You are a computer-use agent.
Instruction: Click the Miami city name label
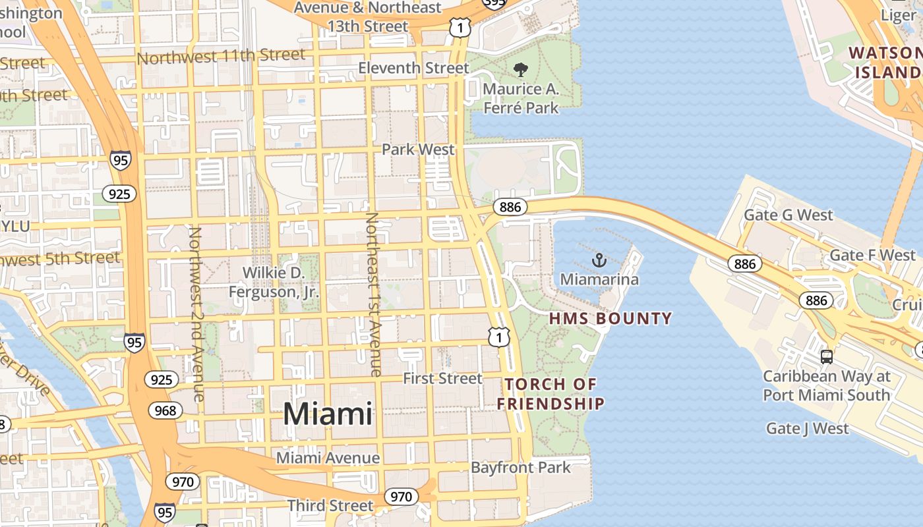(328, 414)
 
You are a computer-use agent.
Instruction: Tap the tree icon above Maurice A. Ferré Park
(521, 69)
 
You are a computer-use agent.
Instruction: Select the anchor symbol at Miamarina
(599, 260)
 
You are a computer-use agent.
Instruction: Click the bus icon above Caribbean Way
(826, 357)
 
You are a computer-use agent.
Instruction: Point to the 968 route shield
(165, 411)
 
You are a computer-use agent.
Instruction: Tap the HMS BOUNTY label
(610, 319)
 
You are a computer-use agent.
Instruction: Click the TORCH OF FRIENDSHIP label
(551, 393)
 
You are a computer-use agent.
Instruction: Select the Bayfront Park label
(521, 468)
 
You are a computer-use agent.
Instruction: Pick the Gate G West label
(789, 215)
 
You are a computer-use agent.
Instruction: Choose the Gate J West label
(808, 429)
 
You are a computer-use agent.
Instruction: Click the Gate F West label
(873, 255)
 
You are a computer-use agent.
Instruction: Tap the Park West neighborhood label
(418, 150)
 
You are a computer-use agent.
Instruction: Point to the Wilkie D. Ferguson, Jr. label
(274, 282)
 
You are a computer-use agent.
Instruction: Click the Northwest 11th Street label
(221, 57)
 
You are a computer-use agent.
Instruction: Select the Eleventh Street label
(414, 68)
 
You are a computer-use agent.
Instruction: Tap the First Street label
(443, 378)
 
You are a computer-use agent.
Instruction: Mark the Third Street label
(330, 505)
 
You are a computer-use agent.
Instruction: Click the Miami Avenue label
(328, 458)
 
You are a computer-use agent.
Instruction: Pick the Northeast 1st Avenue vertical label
(373, 294)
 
